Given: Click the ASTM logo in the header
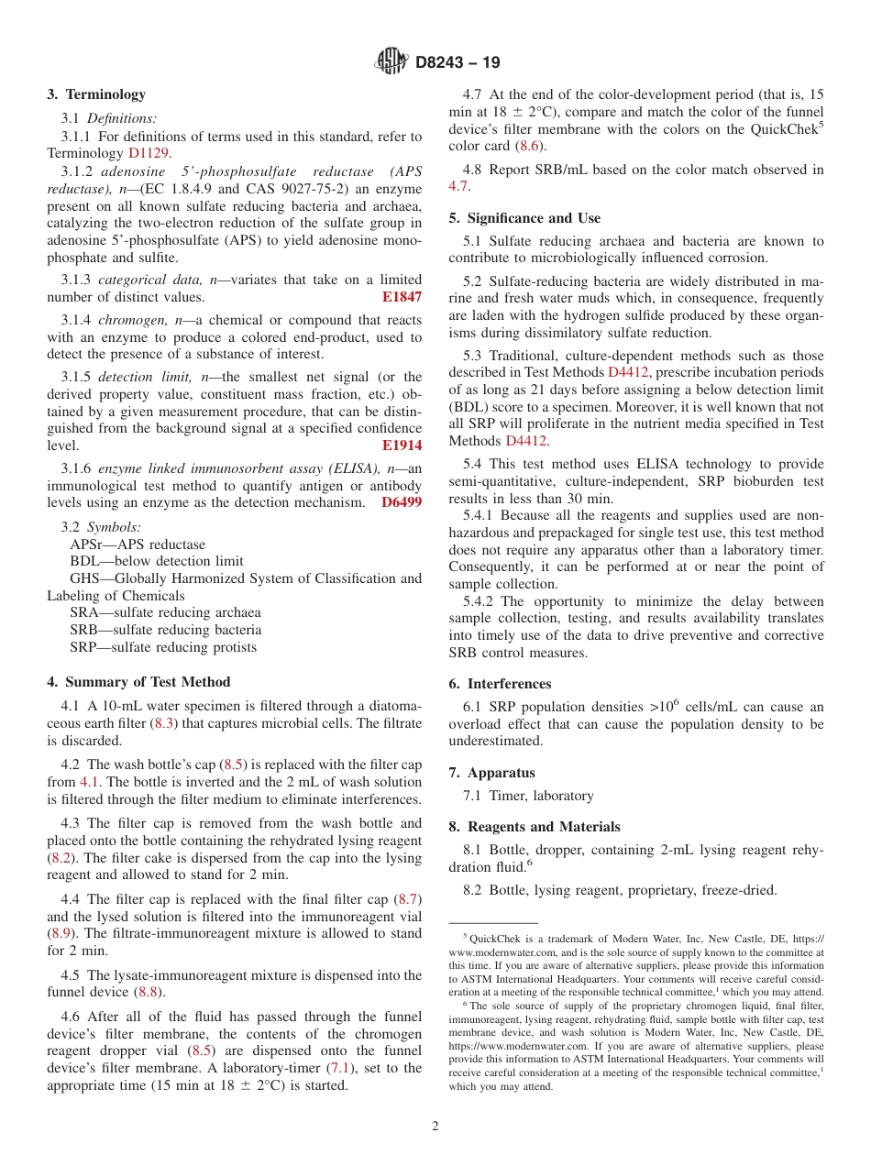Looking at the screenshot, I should (391, 62).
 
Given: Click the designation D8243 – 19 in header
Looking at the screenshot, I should (458, 63).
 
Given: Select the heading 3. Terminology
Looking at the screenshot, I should (96, 94).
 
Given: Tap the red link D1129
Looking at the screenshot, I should (148, 153).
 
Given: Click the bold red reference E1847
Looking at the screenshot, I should (402, 297).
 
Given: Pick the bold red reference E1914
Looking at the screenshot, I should (402, 445).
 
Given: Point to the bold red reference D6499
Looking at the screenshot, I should (402, 502).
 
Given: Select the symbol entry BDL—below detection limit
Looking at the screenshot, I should (157, 561).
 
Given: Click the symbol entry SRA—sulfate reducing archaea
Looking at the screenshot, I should (165, 612).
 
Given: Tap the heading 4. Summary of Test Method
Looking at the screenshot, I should (138, 682).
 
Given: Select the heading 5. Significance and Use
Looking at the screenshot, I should (524, 218).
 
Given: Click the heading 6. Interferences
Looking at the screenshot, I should (500, 684).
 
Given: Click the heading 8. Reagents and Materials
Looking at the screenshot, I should (535, 827).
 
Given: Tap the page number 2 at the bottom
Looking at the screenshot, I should (435, 1127).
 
